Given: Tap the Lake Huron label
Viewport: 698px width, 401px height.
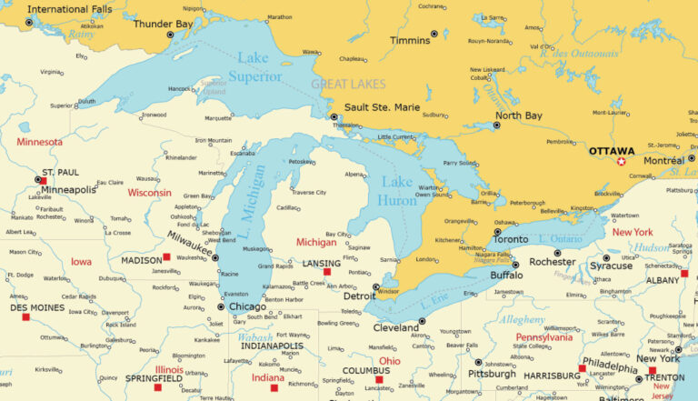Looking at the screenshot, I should tap(397, 190).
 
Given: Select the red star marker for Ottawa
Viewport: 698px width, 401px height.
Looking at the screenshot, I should tap(622, 162).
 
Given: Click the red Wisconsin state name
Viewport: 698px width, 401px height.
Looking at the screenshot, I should tap(149, 193).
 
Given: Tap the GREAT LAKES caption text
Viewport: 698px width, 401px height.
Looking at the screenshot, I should tap(348, 85).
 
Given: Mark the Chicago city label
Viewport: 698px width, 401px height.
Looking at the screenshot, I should tap(248, 306).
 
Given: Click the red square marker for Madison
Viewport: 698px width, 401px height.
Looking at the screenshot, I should tap(166, 257).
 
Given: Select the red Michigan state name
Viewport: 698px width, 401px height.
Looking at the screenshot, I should tap(316, 243).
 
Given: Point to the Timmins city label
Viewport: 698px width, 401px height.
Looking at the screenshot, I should tap(410, 41).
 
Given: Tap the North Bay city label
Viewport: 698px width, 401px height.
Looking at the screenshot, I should tap(519, 115).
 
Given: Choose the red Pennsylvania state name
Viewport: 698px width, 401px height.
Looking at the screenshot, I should tap(545, 337).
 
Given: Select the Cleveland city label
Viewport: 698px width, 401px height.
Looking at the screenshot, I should tap(395, 327).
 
